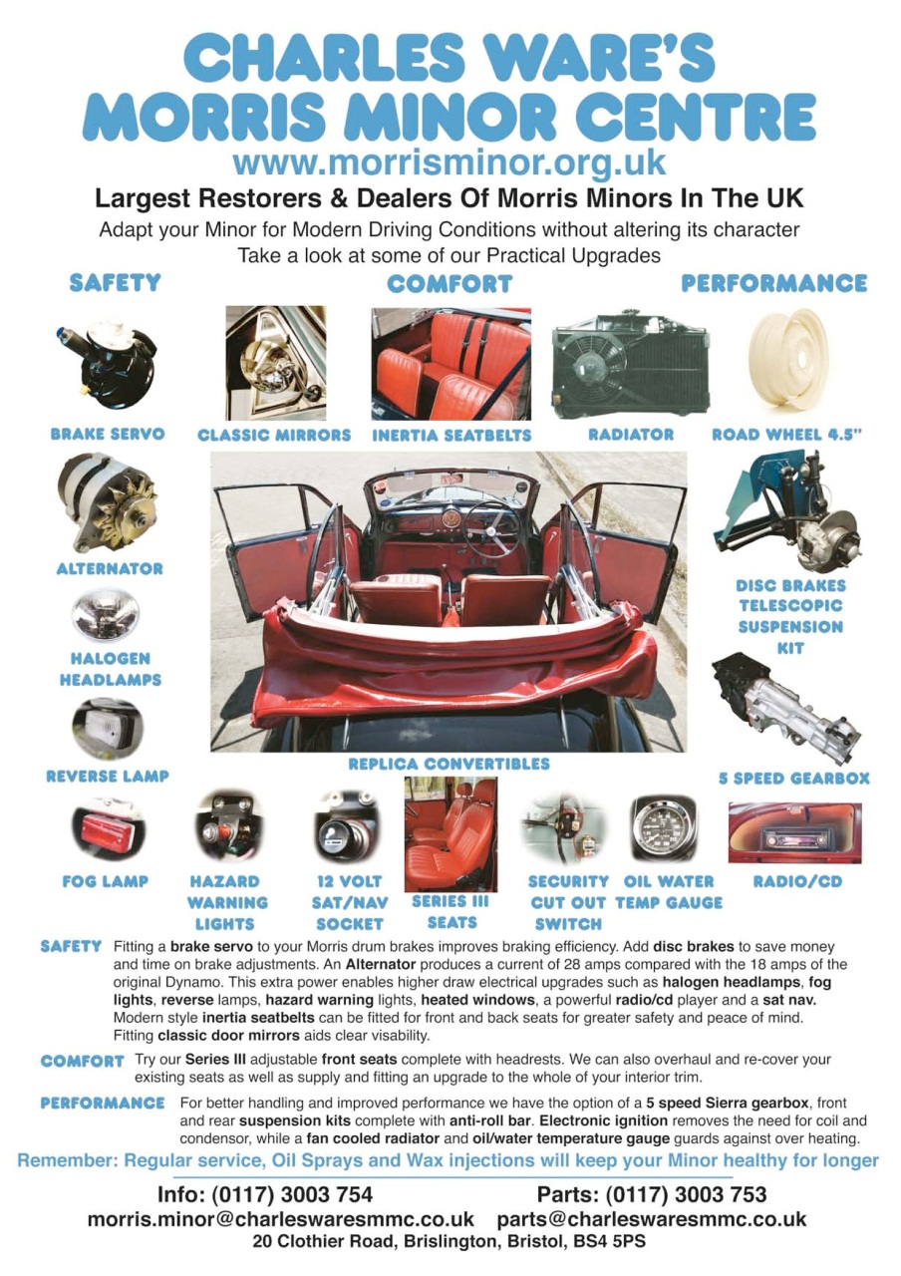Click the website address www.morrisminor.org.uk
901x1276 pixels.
(x=450, y=160)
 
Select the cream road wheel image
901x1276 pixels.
(x=788, y=360)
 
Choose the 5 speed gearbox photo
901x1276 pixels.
(x=787, y=710)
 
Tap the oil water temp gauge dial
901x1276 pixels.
(x=664, y=826)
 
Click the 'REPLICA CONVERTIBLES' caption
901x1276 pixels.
(x=449, y=764)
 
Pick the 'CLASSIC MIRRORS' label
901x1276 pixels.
(x=274, y=435)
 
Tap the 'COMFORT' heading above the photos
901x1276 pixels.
(x=449, y=284)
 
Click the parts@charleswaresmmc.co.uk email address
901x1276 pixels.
(x=651, y=1219)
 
